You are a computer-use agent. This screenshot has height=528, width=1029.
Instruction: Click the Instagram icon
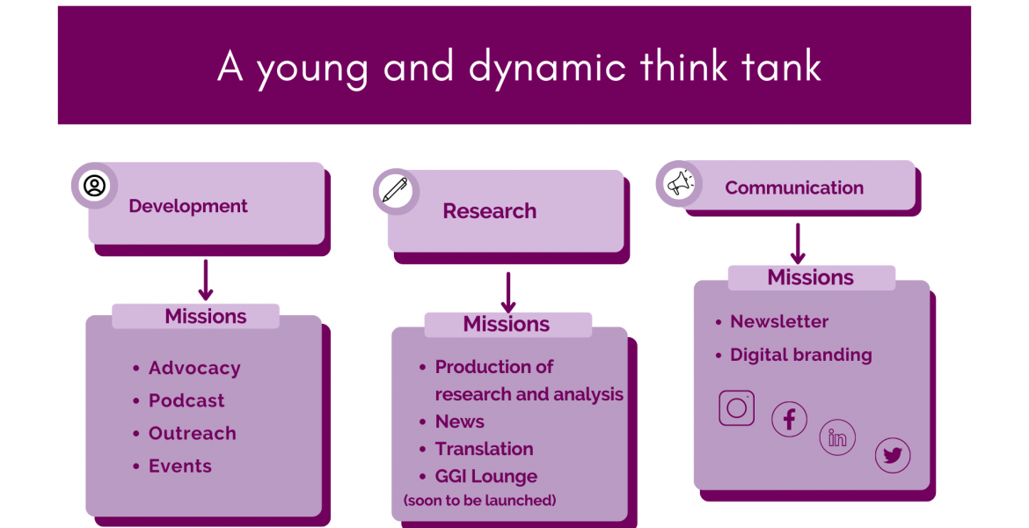pyautogui.click(x=736, y=407)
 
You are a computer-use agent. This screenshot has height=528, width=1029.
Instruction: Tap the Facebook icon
pyautogui.click(x=789, y=419)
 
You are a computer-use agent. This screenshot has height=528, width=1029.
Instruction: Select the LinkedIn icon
pyautogui.click(x=837, y=437)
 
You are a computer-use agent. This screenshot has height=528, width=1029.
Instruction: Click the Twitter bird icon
pyautogui.click(x=893, y=455)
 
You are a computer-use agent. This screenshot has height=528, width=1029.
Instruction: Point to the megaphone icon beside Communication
pyautogui.click(x=680, y=184)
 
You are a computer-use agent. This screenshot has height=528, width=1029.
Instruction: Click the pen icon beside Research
pyautogui.click(x=395, y=192)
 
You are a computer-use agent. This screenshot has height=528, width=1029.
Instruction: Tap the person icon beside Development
pyautogui.click(x=94, y=186)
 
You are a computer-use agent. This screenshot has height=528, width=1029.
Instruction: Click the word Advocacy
pyautogui.click(x=194, y=369)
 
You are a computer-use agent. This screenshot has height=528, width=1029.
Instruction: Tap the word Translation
pyautogui.click(x=485, y=449)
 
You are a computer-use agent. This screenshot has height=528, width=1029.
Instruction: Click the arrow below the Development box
pyautogui.click(x=206, y=280)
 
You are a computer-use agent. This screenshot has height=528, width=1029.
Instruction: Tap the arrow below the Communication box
pyautogui.click(x=798, y=244)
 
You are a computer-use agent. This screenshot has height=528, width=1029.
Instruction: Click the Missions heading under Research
pyautogui.click(x=507, y=324)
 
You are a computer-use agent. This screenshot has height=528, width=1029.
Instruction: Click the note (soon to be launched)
pyautogui.click(x=479, y=501)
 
